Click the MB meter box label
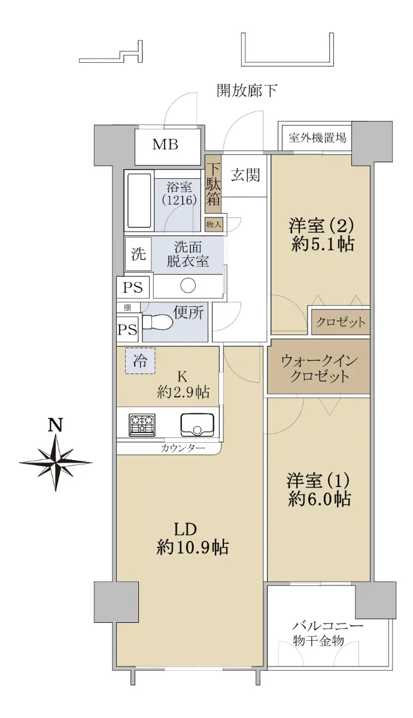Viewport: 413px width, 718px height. point(165,145)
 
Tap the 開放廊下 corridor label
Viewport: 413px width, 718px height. point(247,91)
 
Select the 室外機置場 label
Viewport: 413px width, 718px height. point(317,138)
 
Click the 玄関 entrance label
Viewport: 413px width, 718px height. point(245,175)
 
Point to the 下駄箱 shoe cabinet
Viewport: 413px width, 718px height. point(213,184)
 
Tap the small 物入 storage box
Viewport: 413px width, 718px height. point(214,224)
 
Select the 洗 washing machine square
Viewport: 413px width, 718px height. point(138,254)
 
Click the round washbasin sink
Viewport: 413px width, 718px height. point(188,285)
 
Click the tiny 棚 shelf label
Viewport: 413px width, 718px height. point(127,308)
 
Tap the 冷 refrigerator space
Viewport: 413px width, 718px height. point(140,361)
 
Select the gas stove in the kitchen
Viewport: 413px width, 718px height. point(142,425)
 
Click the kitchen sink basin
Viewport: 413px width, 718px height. point(198,425)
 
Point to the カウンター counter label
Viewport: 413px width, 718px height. point(183,448)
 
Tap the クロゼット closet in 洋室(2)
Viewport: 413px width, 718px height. point(341,322)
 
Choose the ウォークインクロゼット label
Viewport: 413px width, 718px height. point(319,369)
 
